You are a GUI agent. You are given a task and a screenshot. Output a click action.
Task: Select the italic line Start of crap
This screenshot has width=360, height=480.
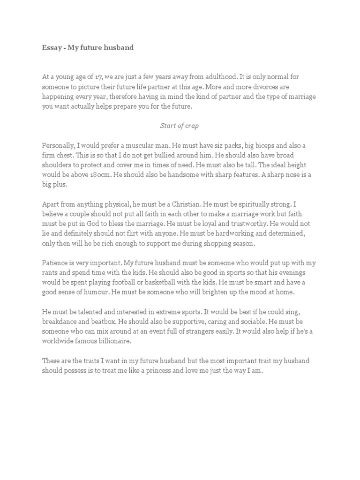[180, 125]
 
